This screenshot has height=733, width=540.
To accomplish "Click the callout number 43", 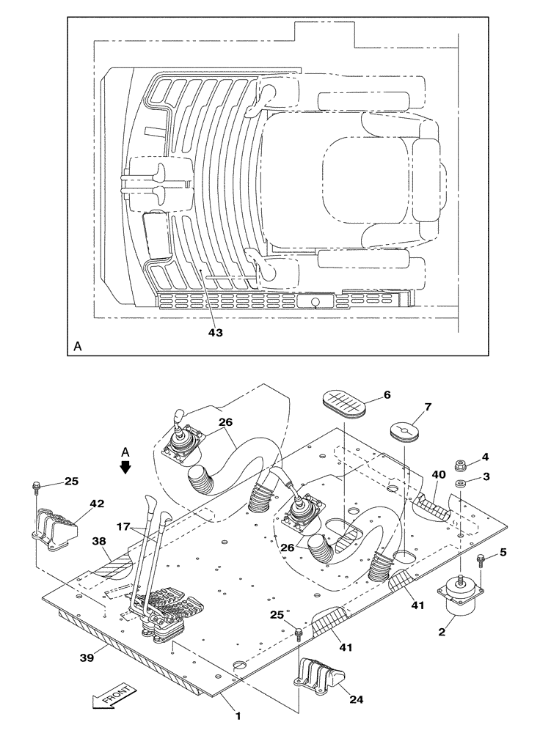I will [x=214, y=332].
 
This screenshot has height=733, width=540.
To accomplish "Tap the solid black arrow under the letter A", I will [x=125, y=466].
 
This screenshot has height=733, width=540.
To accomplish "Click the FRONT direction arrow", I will [x=113, y=696].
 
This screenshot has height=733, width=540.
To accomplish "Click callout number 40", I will [x=437, y=475].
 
